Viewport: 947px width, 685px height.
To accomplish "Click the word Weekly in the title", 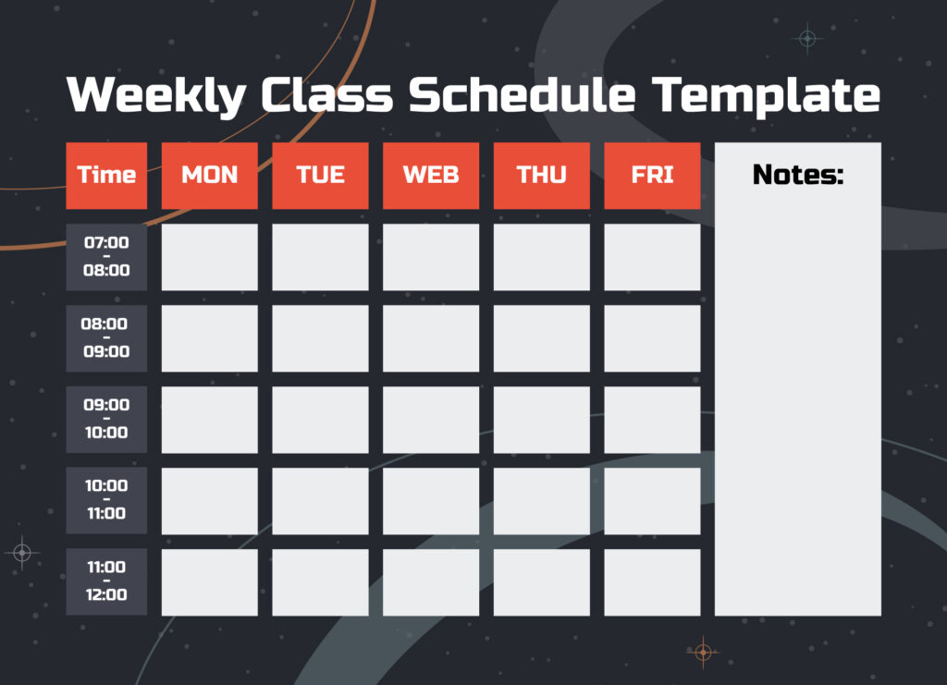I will tap(156, 94).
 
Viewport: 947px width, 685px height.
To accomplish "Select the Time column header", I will tap(106, 175).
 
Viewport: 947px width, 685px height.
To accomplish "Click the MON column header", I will tap(210, 175).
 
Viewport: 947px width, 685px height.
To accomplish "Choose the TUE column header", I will tap(320, 175).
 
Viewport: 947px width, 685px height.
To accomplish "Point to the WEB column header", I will tap(431, 175).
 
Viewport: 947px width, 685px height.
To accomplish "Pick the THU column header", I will tap(541, 175).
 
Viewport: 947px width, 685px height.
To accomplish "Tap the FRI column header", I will tap(652, 175).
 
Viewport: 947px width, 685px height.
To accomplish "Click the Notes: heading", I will tap(798, 174).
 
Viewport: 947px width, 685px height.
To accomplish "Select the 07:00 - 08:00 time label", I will tap(106, 257).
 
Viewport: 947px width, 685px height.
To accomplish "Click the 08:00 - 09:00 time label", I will tap(106, 338).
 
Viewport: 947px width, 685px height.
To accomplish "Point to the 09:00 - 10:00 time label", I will tap(106, 419).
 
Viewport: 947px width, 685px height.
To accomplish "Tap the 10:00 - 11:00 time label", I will tap(106, 500).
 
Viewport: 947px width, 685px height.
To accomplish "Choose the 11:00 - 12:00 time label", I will tap(106, 581).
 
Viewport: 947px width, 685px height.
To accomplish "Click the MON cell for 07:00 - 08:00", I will tap(210, 257).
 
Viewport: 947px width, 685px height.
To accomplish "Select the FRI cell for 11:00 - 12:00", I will tap(652, 581).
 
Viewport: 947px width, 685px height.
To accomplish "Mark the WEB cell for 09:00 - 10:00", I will tap(431, 419).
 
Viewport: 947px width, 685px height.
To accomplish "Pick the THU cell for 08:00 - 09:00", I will tap(541, 338).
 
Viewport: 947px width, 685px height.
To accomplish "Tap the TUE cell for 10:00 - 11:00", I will tap(320, 500).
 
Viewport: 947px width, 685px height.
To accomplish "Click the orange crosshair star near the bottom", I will tap(703, 653).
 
